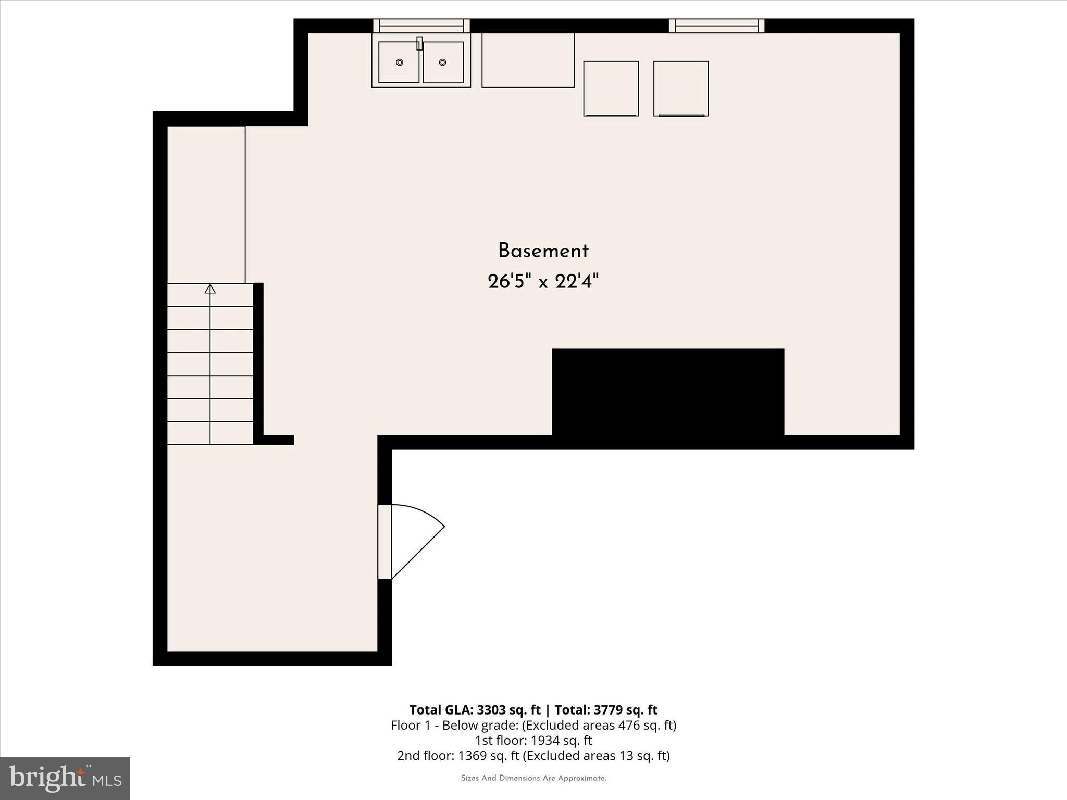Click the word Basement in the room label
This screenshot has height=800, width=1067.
point(543,251)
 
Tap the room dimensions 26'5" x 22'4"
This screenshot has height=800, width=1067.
point(543,282)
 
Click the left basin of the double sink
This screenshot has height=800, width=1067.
point(399,63)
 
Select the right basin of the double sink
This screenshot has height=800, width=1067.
point(443,63)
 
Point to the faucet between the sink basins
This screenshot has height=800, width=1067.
point(419,44)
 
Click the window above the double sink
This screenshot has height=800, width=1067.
point(421,26)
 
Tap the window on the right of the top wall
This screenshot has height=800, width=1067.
point(716,26)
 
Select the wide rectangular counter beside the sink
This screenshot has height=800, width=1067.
point(528,60)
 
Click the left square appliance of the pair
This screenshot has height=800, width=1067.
point(611,89)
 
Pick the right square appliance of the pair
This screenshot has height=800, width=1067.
point(681,89)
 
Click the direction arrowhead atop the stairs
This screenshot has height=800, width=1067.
point(210,289)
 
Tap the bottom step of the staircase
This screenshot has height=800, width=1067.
point(210,433)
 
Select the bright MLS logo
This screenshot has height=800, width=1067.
point(65,778)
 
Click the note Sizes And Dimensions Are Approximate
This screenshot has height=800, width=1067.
point(533,778)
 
